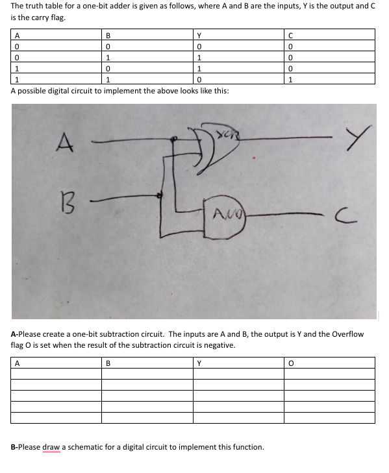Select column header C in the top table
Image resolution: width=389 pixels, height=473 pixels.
click(291, 36)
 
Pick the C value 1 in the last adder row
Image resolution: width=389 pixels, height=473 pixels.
click(291, 80)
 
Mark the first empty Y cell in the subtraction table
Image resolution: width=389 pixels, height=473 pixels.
click(238, 374)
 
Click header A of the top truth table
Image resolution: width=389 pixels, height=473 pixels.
click(17, 36)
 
